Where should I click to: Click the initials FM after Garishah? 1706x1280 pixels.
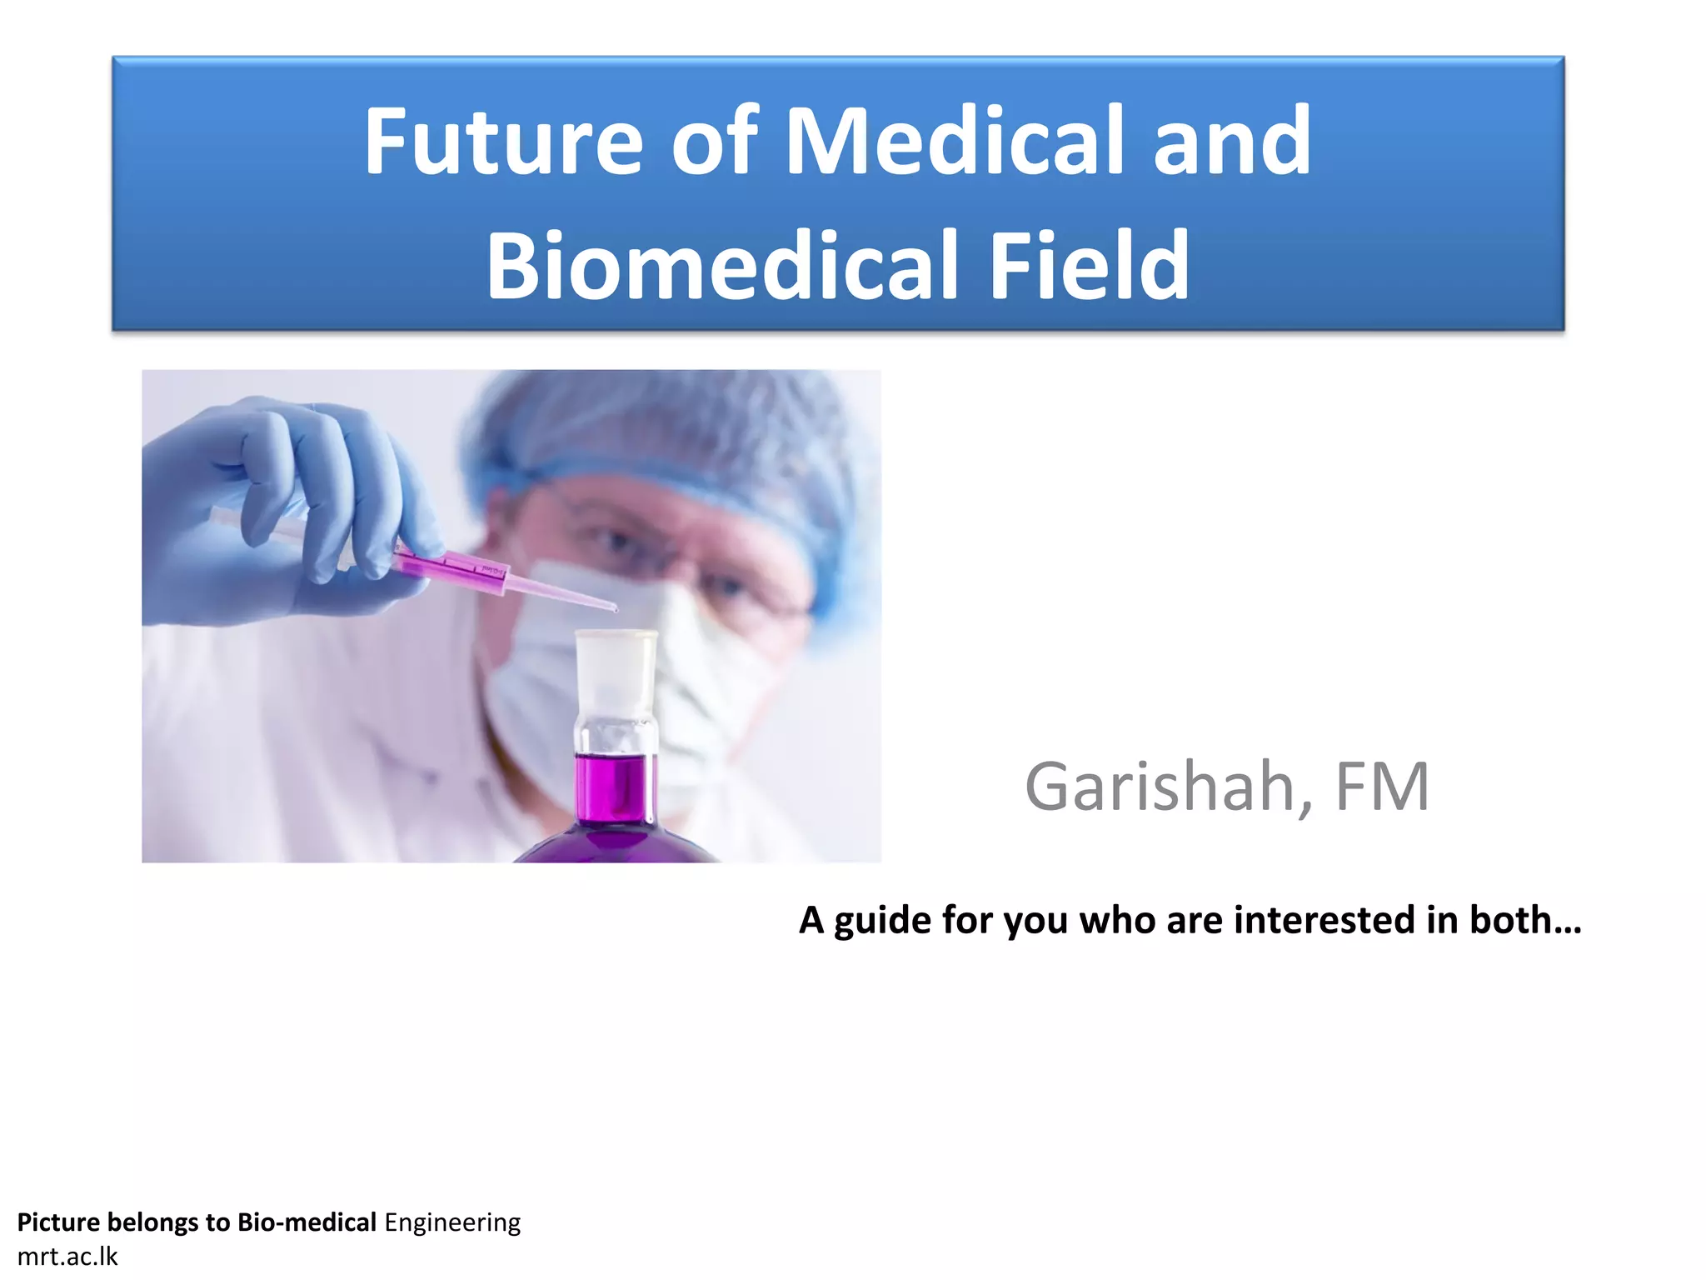tap(1382, 787)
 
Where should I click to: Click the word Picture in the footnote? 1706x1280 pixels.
tap(58, 1222)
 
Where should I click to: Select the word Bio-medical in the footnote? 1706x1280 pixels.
tap(307, 1222)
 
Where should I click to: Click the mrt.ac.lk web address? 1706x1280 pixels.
tap(67, 1257)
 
